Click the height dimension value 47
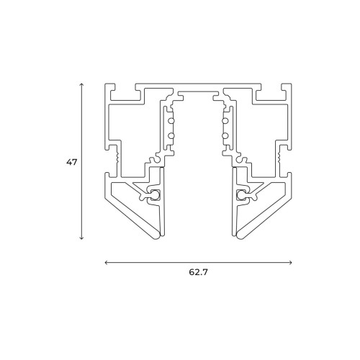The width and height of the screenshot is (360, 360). (x=71, y=163)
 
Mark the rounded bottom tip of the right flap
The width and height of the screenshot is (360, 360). (x=240, y=235)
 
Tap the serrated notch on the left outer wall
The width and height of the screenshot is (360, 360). (x=116, y=153)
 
